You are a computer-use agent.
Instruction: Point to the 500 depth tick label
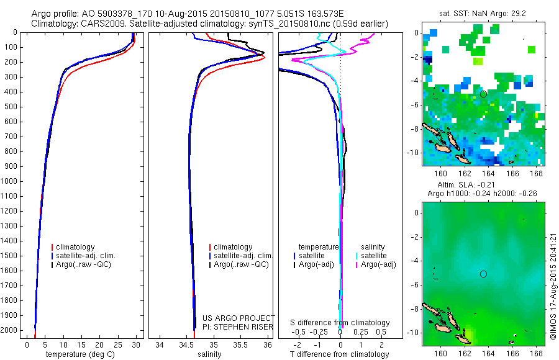point(11,107)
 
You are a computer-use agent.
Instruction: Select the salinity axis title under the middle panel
point(209,354)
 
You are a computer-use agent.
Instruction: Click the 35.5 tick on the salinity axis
point(240,344)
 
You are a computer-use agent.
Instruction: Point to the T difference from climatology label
point(340,354)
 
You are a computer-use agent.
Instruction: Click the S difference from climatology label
point(340,323)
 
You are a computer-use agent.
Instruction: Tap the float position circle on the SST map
point(483,94)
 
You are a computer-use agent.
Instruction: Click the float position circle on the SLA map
point(483,274)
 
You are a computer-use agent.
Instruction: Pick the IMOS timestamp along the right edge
point(553,287)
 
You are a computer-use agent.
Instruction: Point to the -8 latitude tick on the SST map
point(415,129)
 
